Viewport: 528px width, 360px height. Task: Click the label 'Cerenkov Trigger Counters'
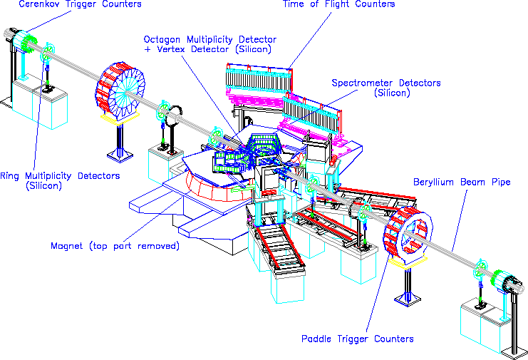click(x=80, y=4)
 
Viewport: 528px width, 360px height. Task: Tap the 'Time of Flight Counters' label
click(x=338, y=4)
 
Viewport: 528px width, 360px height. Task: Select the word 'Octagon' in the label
click(x=162, y=40)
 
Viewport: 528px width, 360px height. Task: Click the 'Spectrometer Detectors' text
click(x=386, y=83)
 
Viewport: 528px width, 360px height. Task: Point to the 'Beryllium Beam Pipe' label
click(x=462, y=182)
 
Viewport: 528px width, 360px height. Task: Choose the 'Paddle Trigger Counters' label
click(x=357, y=339)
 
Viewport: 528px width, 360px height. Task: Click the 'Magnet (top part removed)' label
click(x=115, y=246)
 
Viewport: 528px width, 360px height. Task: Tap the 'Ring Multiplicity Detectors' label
click(x=60, y=176)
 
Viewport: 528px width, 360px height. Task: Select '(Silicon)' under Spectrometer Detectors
click(x=392, y=93)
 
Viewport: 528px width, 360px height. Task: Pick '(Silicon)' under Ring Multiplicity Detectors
click(x=44, y=185)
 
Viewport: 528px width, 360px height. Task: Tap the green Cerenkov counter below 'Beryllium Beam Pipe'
click(x=497, y=280)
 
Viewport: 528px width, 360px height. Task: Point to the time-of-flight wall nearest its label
click(x=259, y=79)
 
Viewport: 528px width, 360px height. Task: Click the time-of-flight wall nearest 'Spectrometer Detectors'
click(x=311, y=116)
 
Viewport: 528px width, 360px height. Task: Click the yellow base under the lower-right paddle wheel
click(x=408, y=262)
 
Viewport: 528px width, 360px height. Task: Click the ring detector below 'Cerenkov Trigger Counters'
click(x=48, y=52)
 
